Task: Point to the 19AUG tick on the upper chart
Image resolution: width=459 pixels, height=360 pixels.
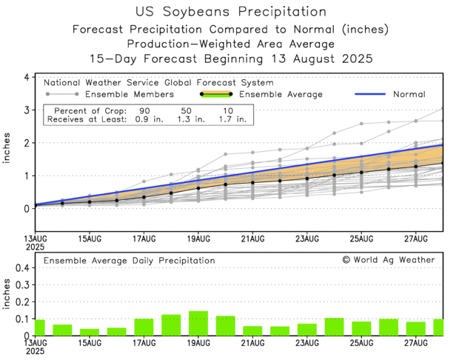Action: (x=198, y=238)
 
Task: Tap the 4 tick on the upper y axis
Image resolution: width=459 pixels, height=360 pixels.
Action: (x=26, y=77)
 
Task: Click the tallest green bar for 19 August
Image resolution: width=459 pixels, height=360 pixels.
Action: (x=198, y=323)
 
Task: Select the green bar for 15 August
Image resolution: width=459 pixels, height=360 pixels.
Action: (x=90, y=332)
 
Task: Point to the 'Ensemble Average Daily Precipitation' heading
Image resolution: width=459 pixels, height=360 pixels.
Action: (x=130, y=261)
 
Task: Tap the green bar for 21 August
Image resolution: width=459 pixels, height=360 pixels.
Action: (x=252, y=330)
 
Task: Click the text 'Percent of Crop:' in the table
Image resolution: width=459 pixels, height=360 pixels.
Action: (x=86, y=109)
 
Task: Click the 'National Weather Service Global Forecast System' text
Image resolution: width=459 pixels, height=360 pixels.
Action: (x=158, y=83)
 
